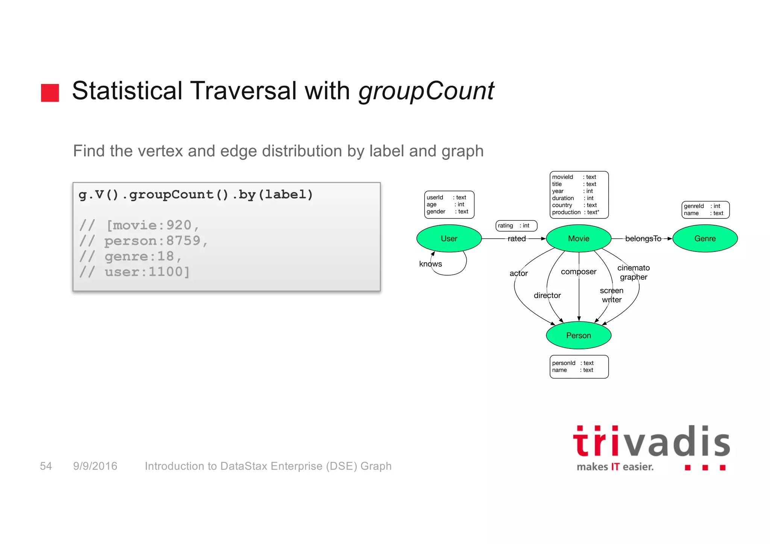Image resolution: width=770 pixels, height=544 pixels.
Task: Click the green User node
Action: (x=449, y=238)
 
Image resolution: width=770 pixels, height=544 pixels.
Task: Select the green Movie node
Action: (x=578, y=238)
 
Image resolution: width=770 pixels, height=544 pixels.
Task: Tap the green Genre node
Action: (x=705, y=238)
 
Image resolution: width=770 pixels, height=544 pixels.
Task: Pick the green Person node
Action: (x=578, y=335)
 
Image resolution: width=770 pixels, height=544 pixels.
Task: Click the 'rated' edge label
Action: (x=517, y=238)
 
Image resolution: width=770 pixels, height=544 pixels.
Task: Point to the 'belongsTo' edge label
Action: (x=643, y=238)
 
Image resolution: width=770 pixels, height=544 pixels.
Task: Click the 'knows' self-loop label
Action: (x=430, y=264)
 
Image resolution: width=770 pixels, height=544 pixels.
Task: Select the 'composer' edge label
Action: (x=578, y=271)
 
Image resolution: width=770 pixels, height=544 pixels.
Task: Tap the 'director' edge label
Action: (x=547, y=295)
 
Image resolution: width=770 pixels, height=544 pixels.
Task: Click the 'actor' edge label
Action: (x=518, y=273)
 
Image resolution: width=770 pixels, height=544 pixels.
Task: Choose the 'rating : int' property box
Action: (x=516, y=226)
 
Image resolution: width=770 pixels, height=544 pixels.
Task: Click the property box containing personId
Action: (x=579, y=367)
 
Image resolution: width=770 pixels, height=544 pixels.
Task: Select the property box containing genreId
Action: (x=705, y=210)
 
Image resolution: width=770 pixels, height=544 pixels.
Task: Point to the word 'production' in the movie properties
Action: (x=566, y=212)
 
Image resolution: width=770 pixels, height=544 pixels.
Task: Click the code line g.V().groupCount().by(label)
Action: (x=196, y=195)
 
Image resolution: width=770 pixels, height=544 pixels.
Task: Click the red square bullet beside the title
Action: (x=50, y=92)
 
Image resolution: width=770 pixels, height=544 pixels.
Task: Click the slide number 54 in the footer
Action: (x=46, y=466)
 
